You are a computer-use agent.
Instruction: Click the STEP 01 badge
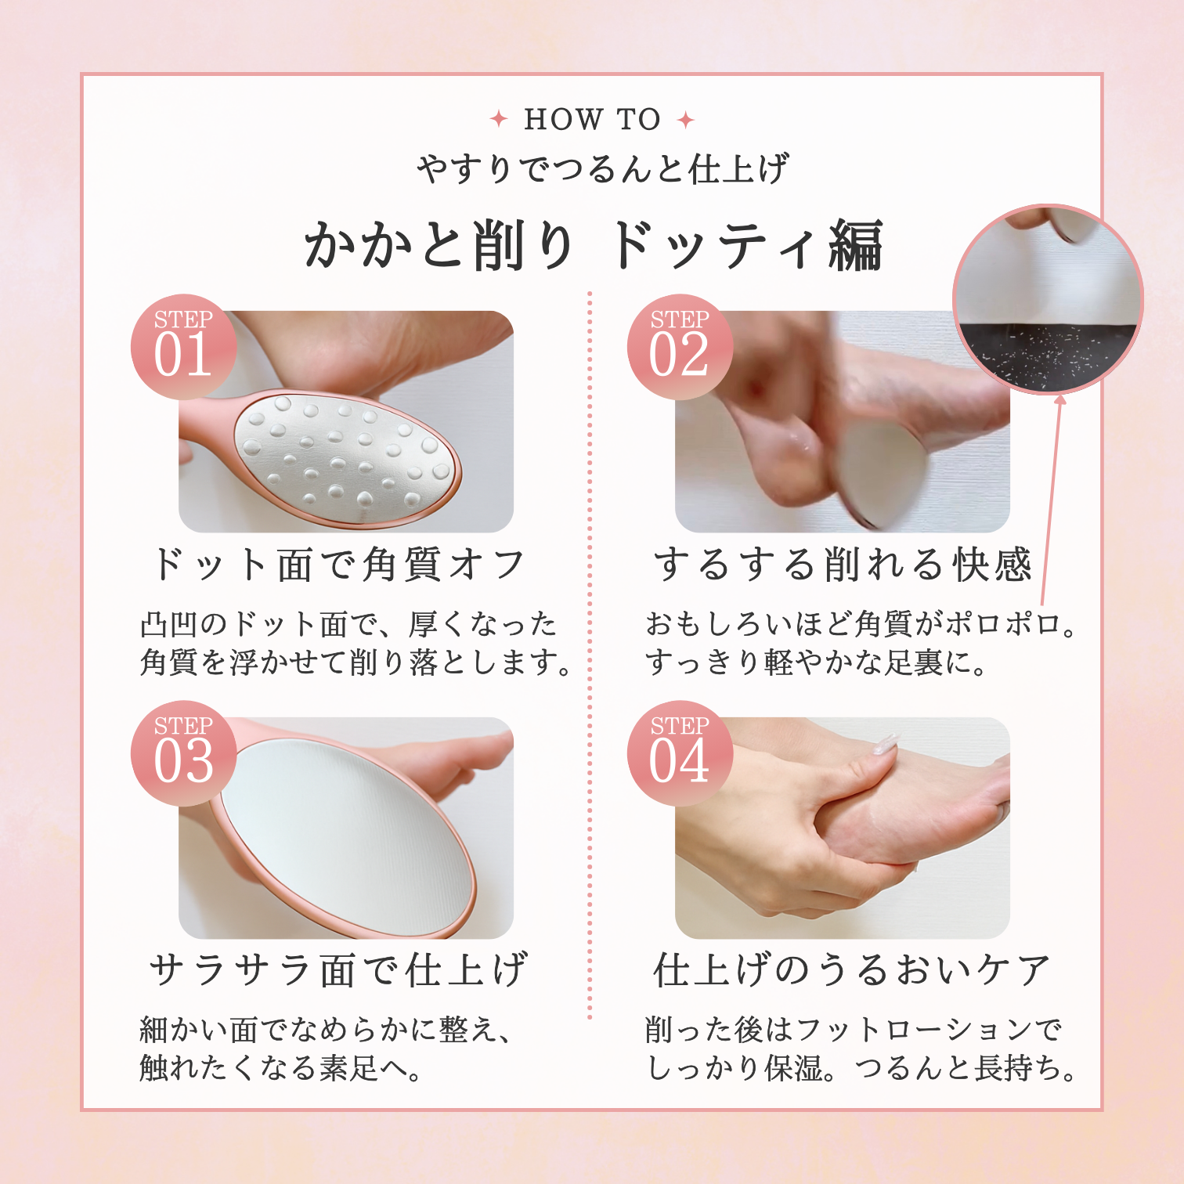point(184,347)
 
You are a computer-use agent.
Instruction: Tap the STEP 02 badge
point(680,347)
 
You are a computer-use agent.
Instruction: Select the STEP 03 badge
point(184,753)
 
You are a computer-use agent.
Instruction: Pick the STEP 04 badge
point(680,753)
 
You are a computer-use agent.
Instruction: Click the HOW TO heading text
point(592,120)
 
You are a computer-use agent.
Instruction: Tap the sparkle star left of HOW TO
point(499,119)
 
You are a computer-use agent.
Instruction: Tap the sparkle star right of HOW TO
point(686,120)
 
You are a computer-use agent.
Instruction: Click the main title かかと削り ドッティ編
point(594,245)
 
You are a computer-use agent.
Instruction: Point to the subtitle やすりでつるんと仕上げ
point(601,168)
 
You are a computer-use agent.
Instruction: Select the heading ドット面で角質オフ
point(338,564)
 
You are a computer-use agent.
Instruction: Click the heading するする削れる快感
point(843,564)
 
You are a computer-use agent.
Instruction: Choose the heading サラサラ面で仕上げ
point(338,969)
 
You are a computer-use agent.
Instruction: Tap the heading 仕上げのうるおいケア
point(851,969)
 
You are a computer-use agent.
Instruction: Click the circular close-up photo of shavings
point(1048,299)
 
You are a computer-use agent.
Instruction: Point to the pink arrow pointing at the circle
point(1052,499)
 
